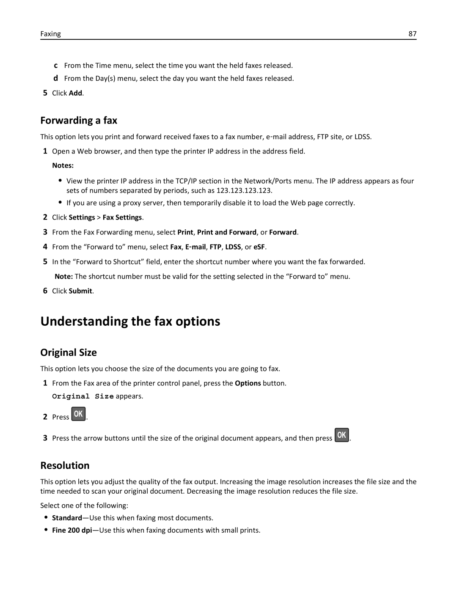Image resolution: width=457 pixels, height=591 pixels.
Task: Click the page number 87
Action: coord(412,34)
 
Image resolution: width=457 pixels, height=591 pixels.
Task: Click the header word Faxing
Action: coord(51,34)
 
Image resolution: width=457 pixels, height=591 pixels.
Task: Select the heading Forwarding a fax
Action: coord(79,121)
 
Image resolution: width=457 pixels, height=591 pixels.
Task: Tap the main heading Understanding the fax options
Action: coord(130,321)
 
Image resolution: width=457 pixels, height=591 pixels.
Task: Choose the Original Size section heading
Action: coord(69,352)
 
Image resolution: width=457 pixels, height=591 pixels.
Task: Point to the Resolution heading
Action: coord(65,465)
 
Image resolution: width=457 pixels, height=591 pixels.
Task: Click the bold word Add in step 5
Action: coord(75,93)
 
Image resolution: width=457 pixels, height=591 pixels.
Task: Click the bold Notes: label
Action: coord(63,165)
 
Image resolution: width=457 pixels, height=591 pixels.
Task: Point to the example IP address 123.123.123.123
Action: coord(244,190)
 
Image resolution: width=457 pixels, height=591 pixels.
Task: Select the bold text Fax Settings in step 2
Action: coord(122,217)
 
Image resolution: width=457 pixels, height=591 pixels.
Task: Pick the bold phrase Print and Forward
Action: coord(227,232)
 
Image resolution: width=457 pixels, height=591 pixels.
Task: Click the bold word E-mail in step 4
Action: coord(195,247)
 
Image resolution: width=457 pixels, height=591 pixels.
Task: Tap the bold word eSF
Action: coord(259,247)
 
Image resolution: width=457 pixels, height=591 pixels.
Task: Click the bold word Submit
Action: coord(80,291)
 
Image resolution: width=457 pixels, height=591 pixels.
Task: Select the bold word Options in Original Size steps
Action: coord(248,383)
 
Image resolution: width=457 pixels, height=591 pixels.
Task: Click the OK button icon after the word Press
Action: coord(79,414)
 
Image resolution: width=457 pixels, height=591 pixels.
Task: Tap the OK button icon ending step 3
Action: coord(342,435)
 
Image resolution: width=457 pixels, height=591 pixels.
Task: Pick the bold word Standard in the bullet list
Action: coord(67,518)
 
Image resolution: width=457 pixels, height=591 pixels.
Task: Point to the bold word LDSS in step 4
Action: coord(233,247)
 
